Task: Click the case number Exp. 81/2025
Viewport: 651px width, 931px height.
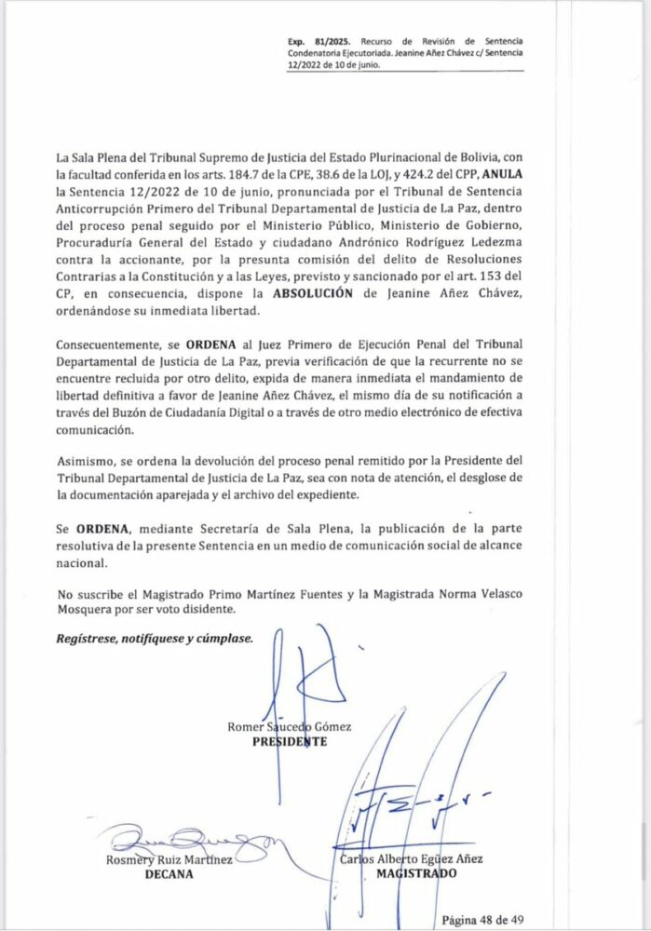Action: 314,42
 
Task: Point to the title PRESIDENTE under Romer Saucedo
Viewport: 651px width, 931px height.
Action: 290,742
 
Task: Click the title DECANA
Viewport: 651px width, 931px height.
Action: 169,874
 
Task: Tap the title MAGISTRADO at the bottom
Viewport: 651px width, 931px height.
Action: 416,874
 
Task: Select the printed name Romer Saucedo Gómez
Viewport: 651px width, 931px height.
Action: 290,726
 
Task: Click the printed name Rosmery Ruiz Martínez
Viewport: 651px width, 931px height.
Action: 169,859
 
